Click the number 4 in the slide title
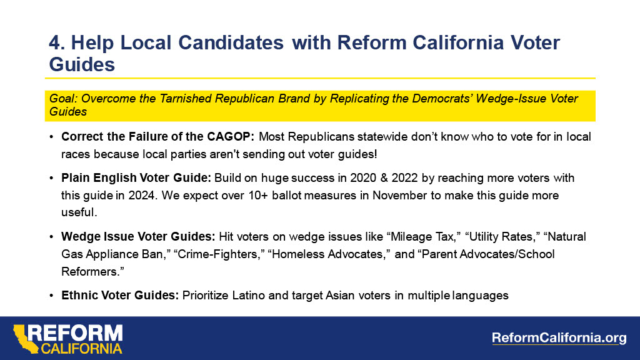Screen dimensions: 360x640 tap(55, 42)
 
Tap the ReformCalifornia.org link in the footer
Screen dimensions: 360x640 tap(559, 338)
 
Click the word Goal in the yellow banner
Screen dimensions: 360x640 tap(61, 99)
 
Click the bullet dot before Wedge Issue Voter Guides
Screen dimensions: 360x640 tap(51, 237)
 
